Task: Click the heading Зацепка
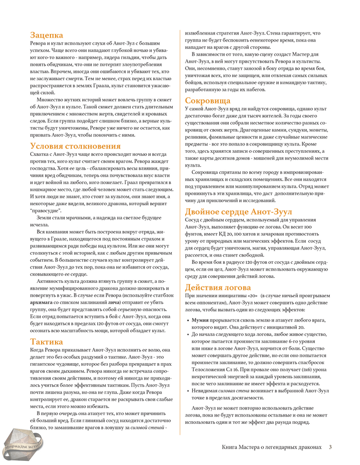click(47, 35)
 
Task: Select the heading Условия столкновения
click(71, 146)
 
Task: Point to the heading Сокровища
click(208, 100)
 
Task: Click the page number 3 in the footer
click(330, 446)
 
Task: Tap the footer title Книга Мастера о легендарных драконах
click(272, 446)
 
